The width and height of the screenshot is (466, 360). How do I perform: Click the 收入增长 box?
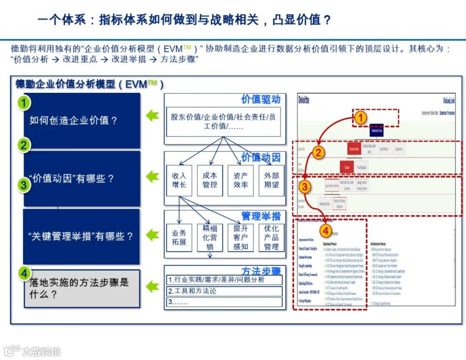pos(179,180)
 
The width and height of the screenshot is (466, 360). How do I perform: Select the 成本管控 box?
pos(210,180)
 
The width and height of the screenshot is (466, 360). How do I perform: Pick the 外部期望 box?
pos(271,180)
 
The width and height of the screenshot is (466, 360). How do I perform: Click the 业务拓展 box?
pos(179,238)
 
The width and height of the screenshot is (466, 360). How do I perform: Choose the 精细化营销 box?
pos(210,237)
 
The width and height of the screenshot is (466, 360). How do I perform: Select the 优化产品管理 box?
pos(271,237)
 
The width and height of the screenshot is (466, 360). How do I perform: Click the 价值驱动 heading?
pos(261,99)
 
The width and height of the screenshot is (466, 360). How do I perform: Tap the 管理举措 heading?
pos(261,215)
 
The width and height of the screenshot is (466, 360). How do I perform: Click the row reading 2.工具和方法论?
pos(224,291)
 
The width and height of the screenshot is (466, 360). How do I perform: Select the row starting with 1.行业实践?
pos(224,280)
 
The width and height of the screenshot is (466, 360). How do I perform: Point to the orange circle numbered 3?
pos(305,187)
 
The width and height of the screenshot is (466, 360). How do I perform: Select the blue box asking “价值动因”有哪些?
pos(82,179)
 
